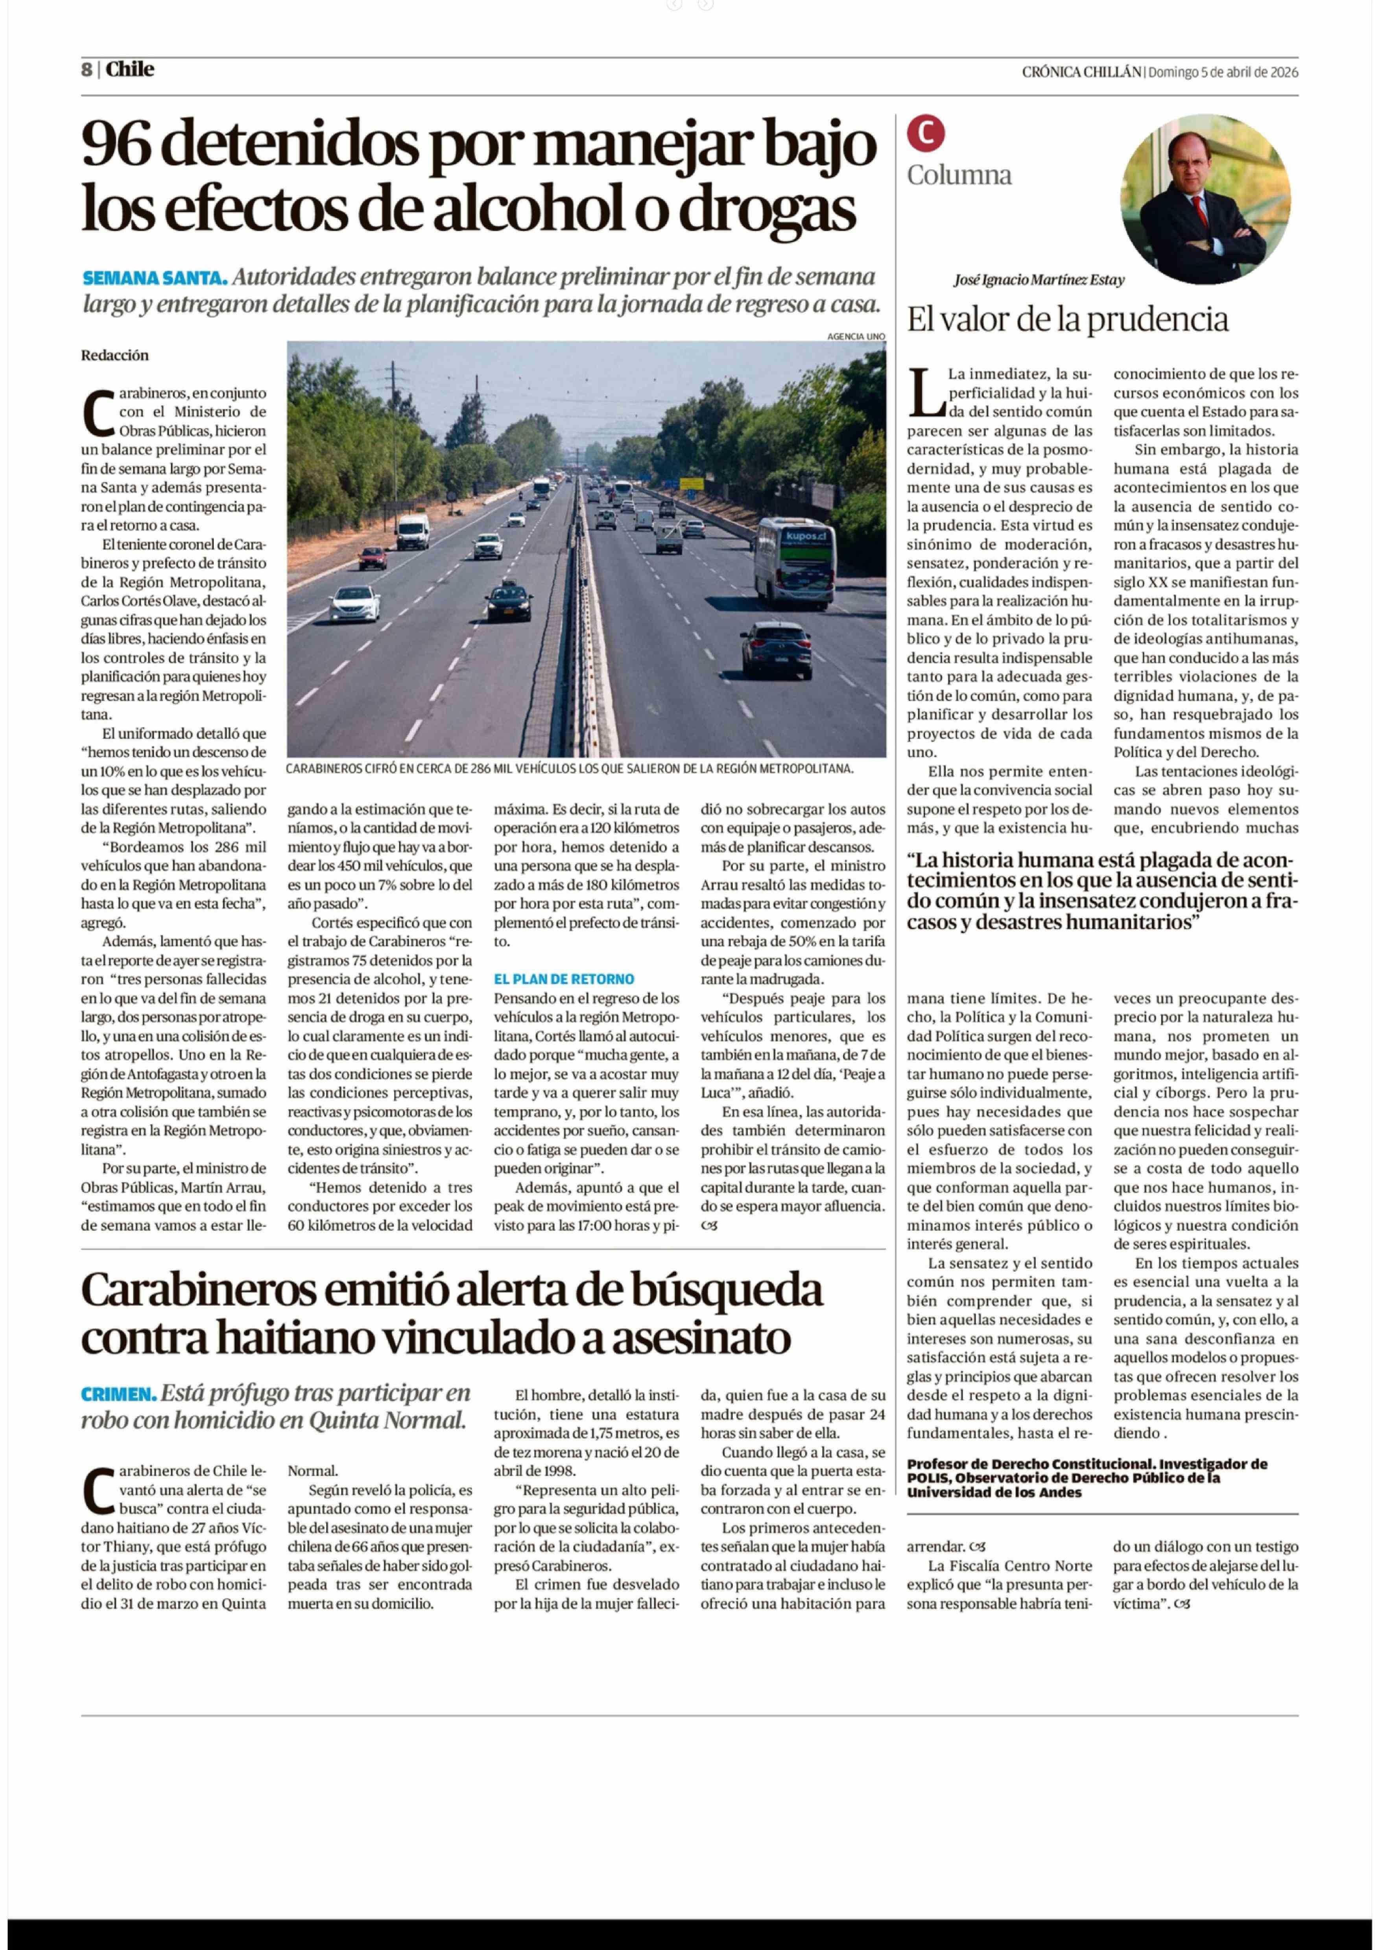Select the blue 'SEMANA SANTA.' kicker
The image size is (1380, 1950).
155,278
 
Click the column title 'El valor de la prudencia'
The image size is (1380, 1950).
1067,319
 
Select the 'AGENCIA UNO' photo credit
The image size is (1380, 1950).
856,336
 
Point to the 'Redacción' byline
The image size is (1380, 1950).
115,355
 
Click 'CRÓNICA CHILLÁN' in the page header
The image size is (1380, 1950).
1081,72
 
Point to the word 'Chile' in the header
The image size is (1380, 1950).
130,70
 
